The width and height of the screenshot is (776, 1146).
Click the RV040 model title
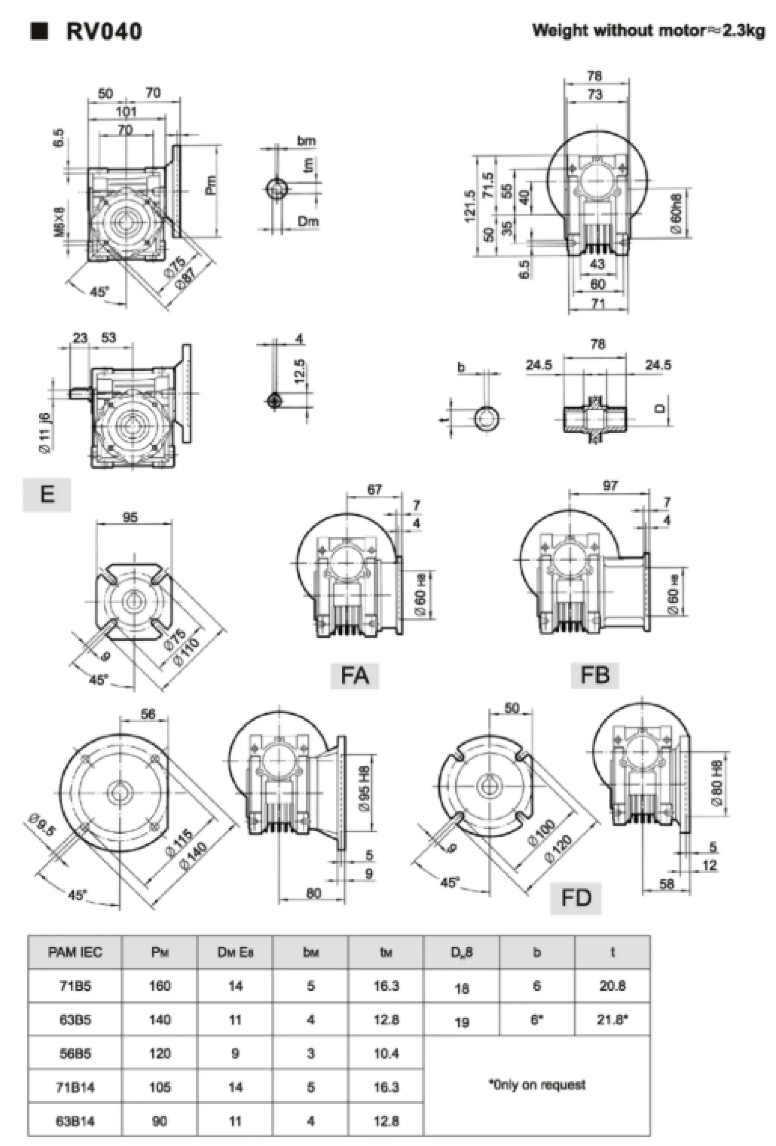click(x=103, y=32)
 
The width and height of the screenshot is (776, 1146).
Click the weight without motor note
click(x=648, y=31)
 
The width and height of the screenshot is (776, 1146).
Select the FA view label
click(x=355, y=675)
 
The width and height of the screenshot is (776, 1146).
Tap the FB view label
click(x=595, y=674)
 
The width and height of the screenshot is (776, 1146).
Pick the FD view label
click(x=576, y=898)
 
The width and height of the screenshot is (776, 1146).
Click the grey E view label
click(x=47, y=494)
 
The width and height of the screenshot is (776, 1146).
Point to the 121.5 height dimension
click(x=469, y=206)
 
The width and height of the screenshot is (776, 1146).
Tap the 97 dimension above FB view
click(x=610, y=486)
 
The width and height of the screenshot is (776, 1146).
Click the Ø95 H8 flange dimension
click(x=365, y=788)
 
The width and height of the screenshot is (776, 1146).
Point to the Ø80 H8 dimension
click(x=717, y=783)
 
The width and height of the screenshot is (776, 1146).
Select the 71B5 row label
click(x=75, y=986)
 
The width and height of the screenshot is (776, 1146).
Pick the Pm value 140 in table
click(x=160, y=1019)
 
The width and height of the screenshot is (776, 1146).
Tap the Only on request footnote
click(x=537, y=1084)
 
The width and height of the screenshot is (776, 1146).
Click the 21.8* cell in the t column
click(x=612, y=1019)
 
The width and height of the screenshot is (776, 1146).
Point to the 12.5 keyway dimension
click(x=300, y=372)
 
